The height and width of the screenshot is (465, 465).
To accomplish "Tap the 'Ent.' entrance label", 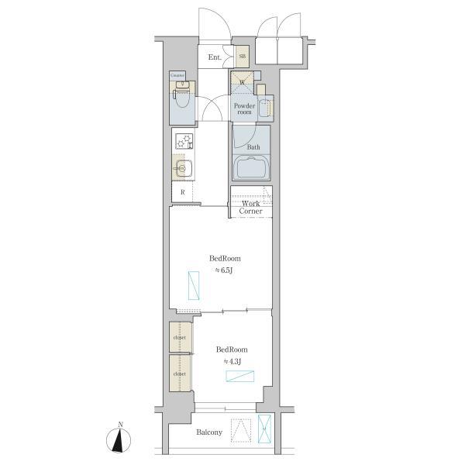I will point(215,57).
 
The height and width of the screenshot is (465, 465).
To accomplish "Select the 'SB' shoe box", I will point(242,56).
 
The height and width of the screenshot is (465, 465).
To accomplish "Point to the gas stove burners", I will point(184,142).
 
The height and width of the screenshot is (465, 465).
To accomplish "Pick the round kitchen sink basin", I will point(183,168).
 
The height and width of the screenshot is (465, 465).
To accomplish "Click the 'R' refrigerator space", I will point(182,192).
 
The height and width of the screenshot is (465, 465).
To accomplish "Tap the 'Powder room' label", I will point(245,108).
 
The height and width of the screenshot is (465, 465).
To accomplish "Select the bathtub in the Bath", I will point(251,168).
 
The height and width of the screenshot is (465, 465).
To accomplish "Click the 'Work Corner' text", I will point(250,207).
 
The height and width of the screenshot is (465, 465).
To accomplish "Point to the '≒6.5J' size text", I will point(225,270).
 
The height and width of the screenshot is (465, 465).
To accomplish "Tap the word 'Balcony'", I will point(209,432).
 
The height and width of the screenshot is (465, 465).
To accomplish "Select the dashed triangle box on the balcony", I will point(243,430).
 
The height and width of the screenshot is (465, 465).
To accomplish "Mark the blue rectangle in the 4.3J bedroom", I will point(239,377).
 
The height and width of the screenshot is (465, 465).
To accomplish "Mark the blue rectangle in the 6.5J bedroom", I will point(193,286).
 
